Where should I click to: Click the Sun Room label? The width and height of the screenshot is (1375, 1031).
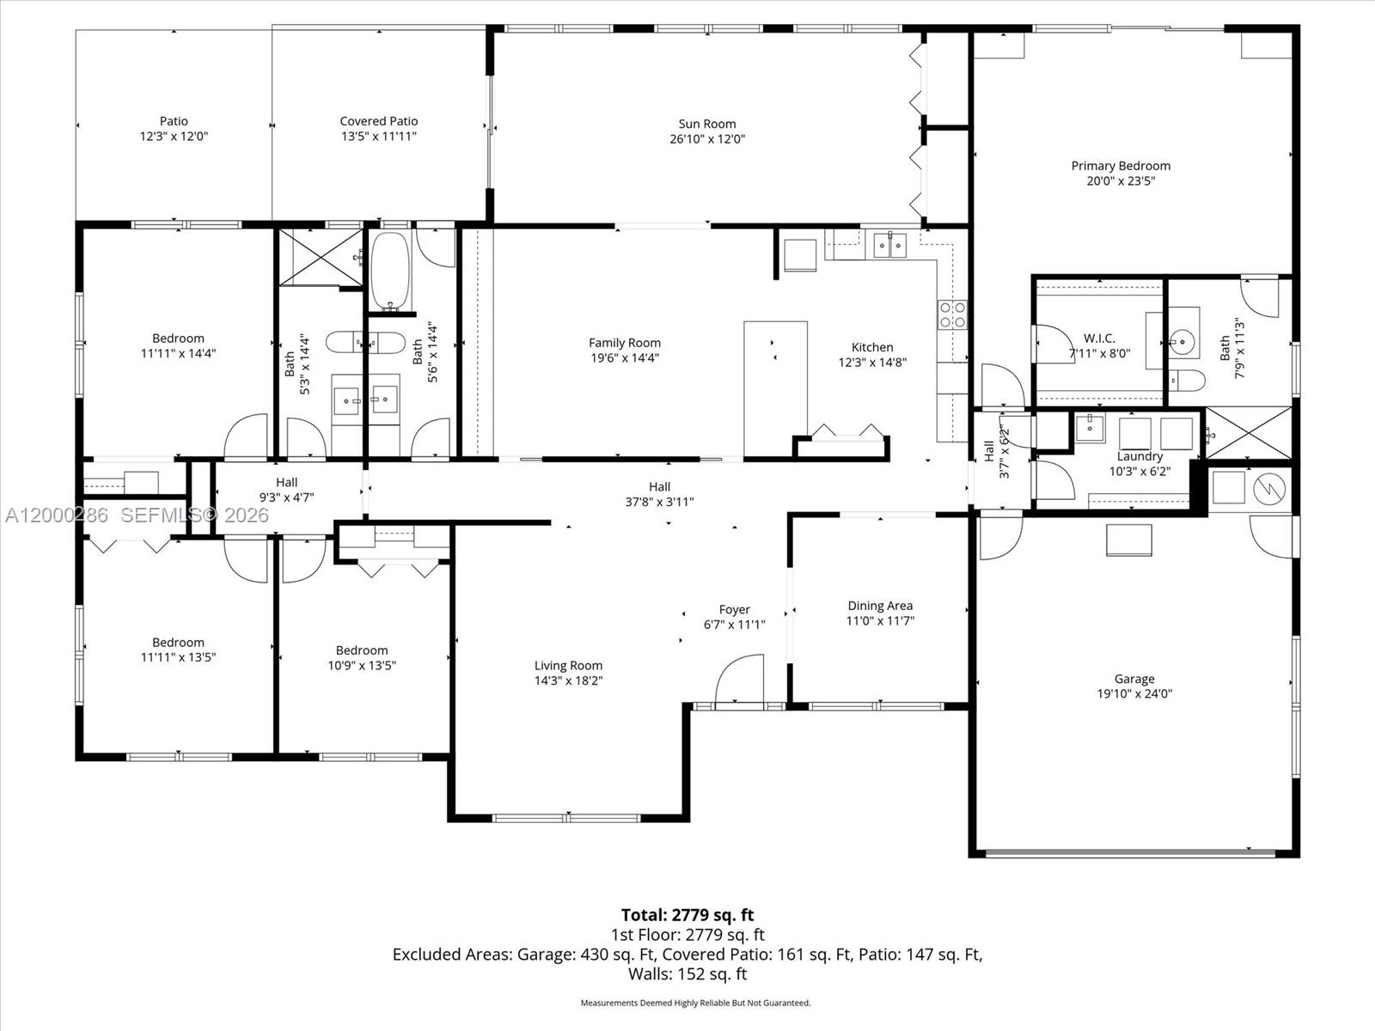[x=706, y=124]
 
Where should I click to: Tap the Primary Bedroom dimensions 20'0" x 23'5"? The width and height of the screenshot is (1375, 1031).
[x=1120, y=181]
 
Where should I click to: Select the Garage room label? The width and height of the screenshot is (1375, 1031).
[x=1134, y=679]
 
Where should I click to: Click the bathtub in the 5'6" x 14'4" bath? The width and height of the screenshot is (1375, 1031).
[x=391, y=271]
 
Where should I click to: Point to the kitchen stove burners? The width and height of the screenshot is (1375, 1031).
[x=952, y=314]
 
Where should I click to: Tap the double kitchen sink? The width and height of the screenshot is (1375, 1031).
[x=889, y=247]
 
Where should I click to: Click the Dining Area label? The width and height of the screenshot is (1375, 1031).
[x=880, y=606]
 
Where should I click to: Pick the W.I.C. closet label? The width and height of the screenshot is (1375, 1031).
[x=1099, y=339]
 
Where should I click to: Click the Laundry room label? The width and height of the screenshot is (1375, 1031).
[x=1140, y=456]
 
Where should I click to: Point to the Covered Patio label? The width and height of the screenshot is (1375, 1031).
[x=378, y=121]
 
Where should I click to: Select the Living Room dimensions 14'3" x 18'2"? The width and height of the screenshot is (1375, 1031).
[x=568, y=680]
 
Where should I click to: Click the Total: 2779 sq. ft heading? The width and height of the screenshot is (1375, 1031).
[x=687, y=915]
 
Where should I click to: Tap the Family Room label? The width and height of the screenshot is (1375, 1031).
[x=625, y=343]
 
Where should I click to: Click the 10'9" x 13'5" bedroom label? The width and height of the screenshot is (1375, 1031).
[x=362, y=650]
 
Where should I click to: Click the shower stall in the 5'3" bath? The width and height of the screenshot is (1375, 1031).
[x=320, y=258]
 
